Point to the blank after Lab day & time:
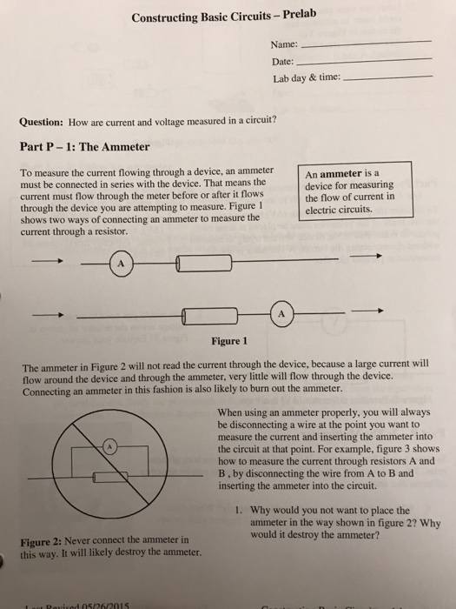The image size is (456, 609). point(387,77)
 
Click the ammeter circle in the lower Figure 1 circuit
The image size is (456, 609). point(282,313)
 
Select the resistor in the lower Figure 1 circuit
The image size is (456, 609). point(211,314)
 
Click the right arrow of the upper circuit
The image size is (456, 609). point(371,257)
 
